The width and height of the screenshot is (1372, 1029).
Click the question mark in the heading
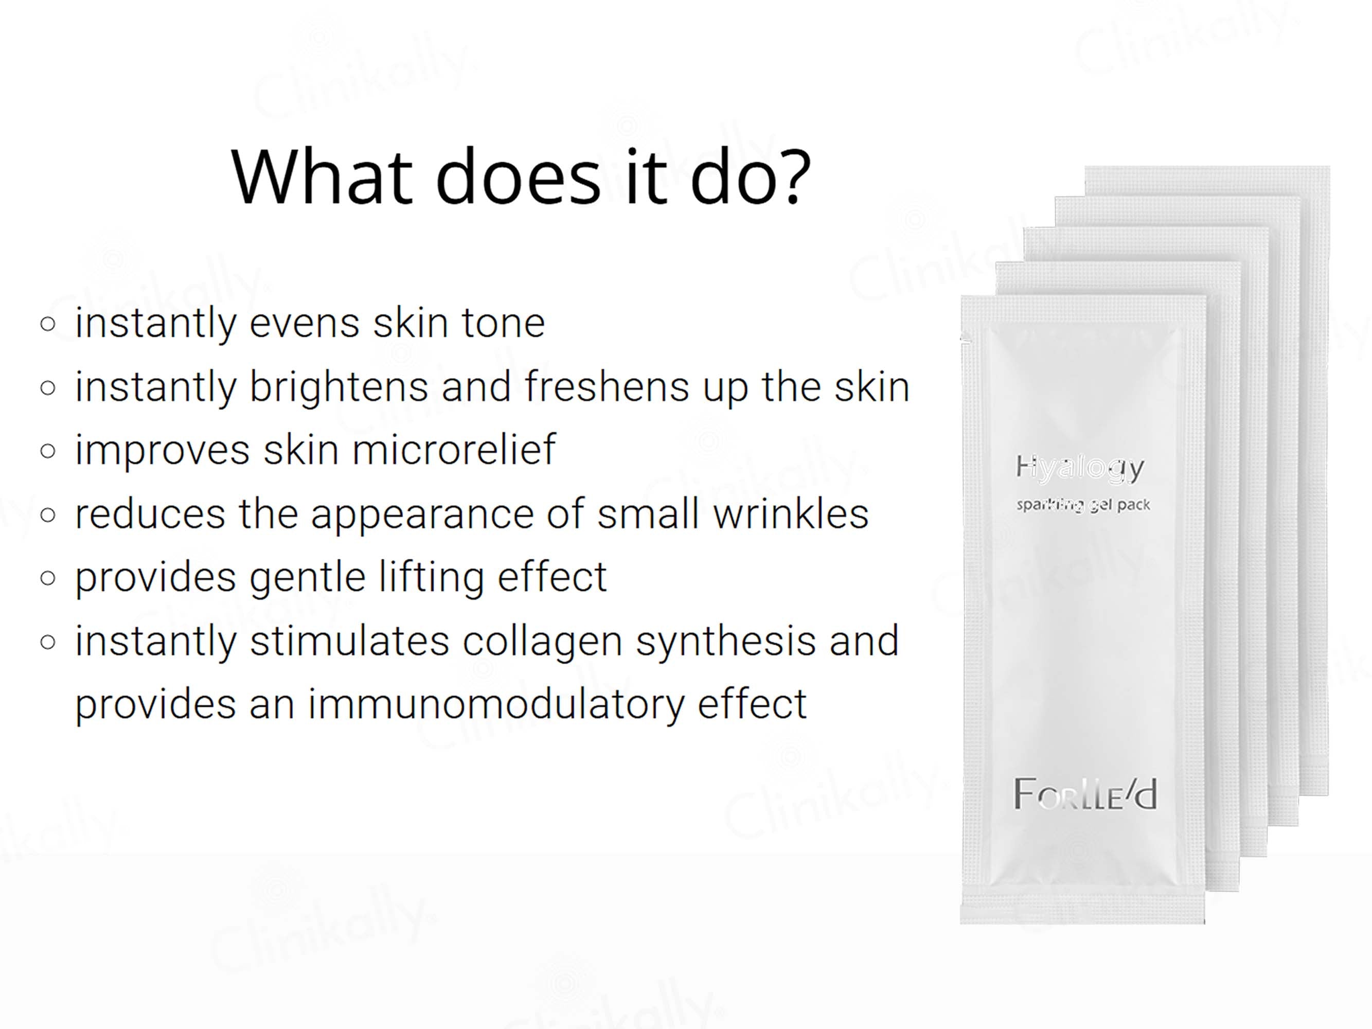tap(791, 177)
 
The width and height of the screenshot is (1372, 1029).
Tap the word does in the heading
tap(518, 177)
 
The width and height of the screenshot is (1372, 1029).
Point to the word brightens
tap(338, 387)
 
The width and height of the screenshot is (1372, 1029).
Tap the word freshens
tap(607, 387)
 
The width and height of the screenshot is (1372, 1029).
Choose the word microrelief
tap(453, 450)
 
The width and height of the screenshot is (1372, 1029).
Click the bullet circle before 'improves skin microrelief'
tap(48, 452)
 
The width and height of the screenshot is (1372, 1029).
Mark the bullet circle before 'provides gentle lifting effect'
tap(48, 579)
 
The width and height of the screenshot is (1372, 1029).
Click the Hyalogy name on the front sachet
tap(1080, 468)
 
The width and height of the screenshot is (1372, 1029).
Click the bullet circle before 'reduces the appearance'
tap(48, 516)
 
